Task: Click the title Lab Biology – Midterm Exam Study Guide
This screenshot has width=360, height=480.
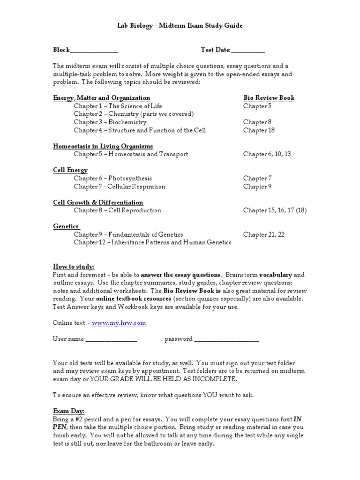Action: (x=180, y=26)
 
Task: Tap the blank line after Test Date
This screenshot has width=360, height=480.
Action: (x=248, y=51)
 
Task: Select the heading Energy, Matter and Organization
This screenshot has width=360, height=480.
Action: (x=102, y=98)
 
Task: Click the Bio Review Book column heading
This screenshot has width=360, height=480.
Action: (x=269, y=98)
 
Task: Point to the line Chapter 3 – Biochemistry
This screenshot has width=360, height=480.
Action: (x=110, y=122)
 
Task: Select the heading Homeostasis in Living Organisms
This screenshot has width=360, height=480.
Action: (x=103, y=146)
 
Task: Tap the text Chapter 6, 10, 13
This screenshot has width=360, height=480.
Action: (x=267, y=154)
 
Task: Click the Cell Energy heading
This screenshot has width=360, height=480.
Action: (x=70, y=170)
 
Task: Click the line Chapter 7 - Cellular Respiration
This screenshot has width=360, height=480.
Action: (x=119, y=187)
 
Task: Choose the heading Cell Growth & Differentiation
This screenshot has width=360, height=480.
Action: (x=98, y=202)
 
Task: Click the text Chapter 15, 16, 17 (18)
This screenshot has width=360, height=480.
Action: (x=275, y=210)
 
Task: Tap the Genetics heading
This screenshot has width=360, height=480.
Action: (x=66, y=226)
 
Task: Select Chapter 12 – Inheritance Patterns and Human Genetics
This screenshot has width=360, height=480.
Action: (x=152, y=242)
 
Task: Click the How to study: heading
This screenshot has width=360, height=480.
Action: (x=74, y=267)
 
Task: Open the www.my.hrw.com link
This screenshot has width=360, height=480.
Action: (x=119, y=323)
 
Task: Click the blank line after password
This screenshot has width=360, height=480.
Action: (x=226, y=339)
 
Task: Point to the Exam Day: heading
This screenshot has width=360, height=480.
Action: (x=68, y=411)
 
